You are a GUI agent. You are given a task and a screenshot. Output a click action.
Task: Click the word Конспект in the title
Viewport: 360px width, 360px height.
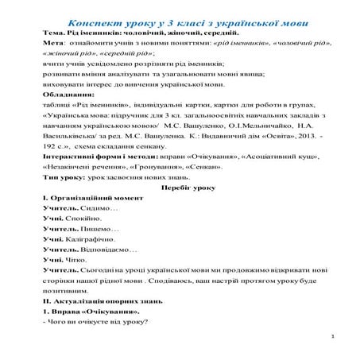coord(85,17)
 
